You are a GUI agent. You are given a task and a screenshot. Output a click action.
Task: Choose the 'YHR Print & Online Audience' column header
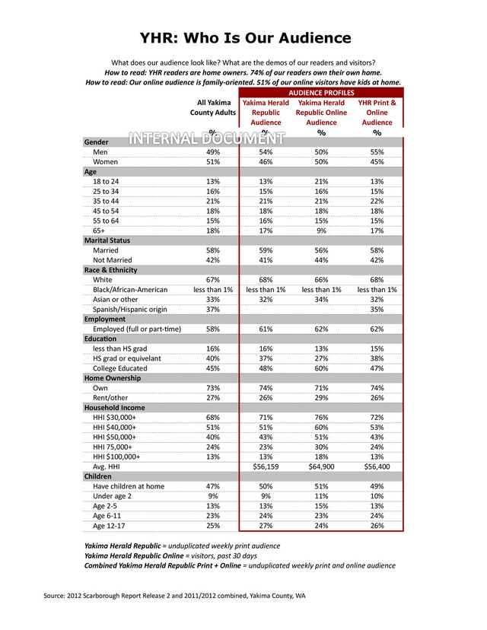(377, 112)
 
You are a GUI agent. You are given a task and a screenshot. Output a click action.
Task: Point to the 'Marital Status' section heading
(107, 240)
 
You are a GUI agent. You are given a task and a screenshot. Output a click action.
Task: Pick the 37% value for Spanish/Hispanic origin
(213, 309)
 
